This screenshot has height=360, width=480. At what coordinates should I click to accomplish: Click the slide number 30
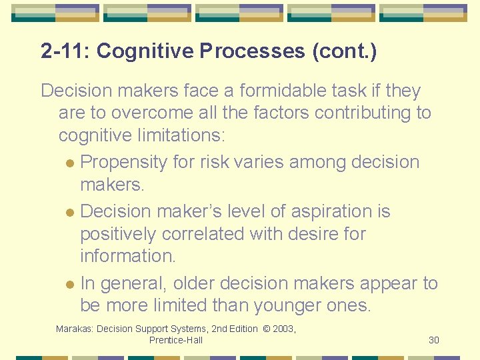434,340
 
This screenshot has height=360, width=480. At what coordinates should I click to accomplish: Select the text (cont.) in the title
344,51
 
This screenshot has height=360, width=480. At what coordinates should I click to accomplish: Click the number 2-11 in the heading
63,51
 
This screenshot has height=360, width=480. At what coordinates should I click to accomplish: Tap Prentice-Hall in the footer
176,340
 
